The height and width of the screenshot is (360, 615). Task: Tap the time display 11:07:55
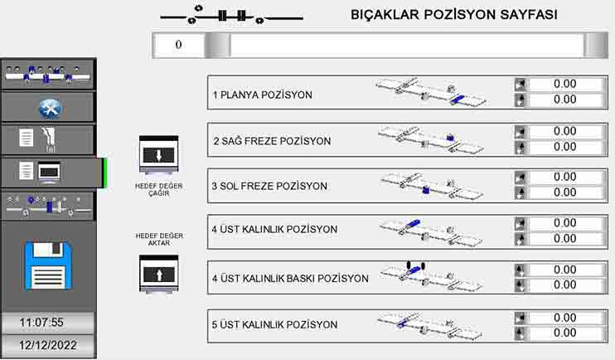pos(47,322)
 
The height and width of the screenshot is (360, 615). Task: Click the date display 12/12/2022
pos(47,345)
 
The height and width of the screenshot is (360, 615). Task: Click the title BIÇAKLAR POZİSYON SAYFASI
pos(454,15)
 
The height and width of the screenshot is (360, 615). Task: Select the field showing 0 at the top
pos(178,45)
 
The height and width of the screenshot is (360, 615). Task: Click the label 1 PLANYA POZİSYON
pos(263,95)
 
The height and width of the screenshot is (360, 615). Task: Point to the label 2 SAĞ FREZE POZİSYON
pos(272,141)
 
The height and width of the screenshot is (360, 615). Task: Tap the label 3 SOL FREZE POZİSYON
pos(269,186)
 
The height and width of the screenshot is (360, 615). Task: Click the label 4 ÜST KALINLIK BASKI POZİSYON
pos(290,279)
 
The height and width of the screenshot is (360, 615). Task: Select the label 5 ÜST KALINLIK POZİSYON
pos(274,324)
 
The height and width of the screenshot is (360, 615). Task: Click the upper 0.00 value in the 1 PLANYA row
pos(564,84)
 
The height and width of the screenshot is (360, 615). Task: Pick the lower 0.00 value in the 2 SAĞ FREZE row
pos(564,147)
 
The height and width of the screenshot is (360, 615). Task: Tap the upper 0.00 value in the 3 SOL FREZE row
pos(564,177)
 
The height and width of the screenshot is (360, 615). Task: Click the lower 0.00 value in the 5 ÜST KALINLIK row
pos(564,333)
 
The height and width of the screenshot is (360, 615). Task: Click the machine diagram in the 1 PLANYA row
pos(430,92)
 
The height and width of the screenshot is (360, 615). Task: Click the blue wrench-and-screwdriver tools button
pos(48,108)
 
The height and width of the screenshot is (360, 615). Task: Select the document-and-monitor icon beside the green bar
pos(48,173)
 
